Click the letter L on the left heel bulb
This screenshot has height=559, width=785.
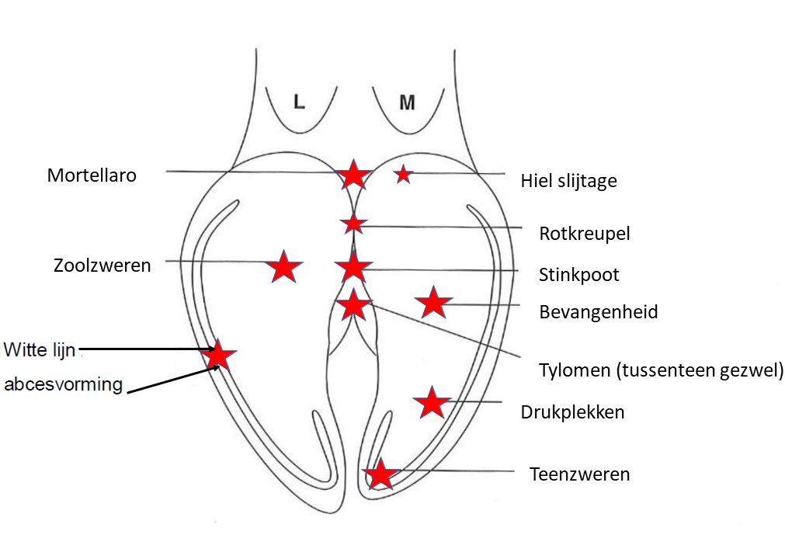click(299, 102)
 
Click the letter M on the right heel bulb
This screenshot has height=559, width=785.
click(407, 102)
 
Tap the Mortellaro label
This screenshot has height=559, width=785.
click(92, 175)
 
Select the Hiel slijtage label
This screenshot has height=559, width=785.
click(568, 181)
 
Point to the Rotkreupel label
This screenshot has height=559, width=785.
click(584, 234)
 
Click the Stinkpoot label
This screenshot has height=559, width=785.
click(578, 274)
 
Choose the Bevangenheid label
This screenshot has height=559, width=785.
click(598, 312)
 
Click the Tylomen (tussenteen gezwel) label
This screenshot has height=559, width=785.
click(661, 370)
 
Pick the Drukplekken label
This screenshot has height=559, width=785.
click(572, 411)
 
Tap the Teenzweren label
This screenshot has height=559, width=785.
click(579, 473)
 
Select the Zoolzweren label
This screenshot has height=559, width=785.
click(102, 265)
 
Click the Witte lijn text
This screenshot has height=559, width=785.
click(40, 349)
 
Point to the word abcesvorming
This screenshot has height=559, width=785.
click(64, 384)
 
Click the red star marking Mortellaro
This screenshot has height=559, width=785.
click(353, 175)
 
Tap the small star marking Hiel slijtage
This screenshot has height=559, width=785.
click(402, 175)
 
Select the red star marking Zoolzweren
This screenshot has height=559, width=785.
click(284, 267)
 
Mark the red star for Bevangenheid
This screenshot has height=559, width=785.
click(433, 303)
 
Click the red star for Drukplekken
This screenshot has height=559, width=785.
click(431, 402)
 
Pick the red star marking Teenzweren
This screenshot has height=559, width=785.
click(380, 474)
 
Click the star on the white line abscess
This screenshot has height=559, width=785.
click(218, 355)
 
